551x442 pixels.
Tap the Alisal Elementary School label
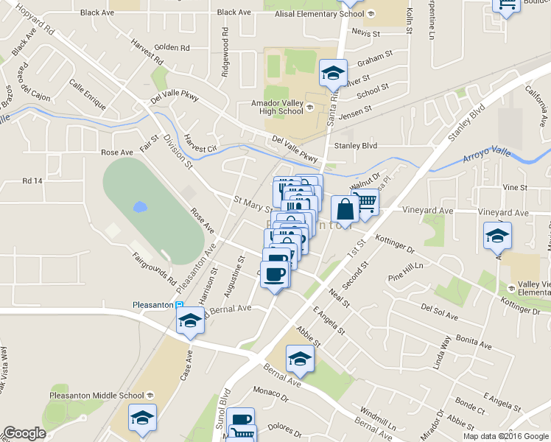[x=319, y=13]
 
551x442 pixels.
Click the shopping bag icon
[x=345, y=209]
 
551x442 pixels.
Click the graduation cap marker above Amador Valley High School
[x=333, y=73]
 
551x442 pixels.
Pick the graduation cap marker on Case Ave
[x=190, y=320]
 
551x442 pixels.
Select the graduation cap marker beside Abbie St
[x=300, y=359]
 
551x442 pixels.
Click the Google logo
[x=24, y=433]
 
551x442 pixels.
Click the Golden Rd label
[x=172, y=47]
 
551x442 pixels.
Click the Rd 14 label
[x=32, y=180]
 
